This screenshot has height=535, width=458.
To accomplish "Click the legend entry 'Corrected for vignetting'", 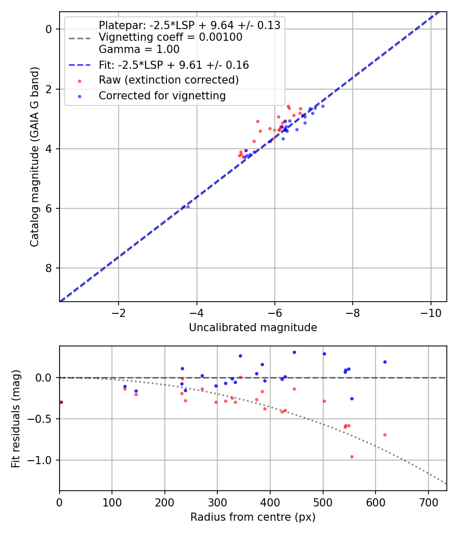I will pyautogui.click(x=162, y=95).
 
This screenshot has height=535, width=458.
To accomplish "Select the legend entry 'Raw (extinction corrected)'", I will pyautogui.click(x=168, y=80).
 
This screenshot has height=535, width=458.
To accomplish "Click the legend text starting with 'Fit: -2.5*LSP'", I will pyautogui.click(x=174, y=65).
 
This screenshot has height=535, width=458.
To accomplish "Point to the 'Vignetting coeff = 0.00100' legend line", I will pyautogui.click(x=170, y=37).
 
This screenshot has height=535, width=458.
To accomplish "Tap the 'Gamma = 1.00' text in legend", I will pyautogui.click(x=139, y=49).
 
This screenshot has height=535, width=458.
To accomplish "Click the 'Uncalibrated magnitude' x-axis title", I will pyautogui.click(x=253, y=328).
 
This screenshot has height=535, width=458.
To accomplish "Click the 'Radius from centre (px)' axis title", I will pyautogui.click(x=253, y=517).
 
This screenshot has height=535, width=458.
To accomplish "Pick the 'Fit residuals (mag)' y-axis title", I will pyautogui.click(x=16, y=418).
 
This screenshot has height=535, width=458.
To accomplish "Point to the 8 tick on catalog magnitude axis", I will pyautogui.click(x=49, y=268).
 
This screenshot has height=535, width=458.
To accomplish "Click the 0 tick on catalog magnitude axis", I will pyautogui.click(x=49, y=29).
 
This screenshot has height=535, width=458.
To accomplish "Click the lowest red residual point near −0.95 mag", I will pyautogui.click(x=352, y=457).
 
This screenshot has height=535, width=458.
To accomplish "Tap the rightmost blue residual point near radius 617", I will pyautogui.click(x=385, y=362).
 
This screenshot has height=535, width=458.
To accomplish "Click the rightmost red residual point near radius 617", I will pyautogui.click(x=385, y=435).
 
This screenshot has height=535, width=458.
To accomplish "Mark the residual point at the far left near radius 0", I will pyautogui.click(x=61, y=402).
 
